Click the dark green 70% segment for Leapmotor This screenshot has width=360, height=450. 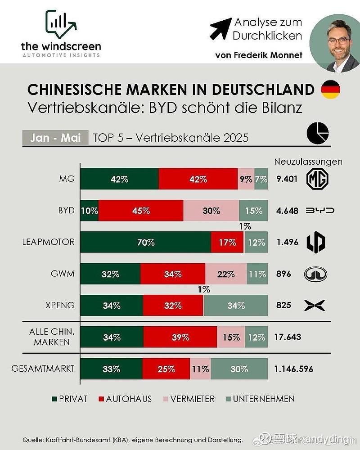(145, 242)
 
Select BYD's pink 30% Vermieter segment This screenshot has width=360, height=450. (211, 211)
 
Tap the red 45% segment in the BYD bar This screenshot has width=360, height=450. (141, 211)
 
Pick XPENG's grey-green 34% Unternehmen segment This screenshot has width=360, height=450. (236, 306)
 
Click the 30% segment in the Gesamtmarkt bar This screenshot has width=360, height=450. (239, 369)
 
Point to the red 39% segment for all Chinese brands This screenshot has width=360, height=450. (180, 337)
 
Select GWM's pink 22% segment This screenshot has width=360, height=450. (226, 274)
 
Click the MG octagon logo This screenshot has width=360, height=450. (317, 179)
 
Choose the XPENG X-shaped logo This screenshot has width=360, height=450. (315, 306)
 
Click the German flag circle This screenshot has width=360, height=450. (330, 90)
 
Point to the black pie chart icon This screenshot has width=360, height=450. (318, 134)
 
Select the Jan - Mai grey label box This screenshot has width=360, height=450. (55, 137)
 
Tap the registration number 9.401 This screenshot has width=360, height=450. (287, 179)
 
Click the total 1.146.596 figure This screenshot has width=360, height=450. (293, 369)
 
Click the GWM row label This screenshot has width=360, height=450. (63, 274)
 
